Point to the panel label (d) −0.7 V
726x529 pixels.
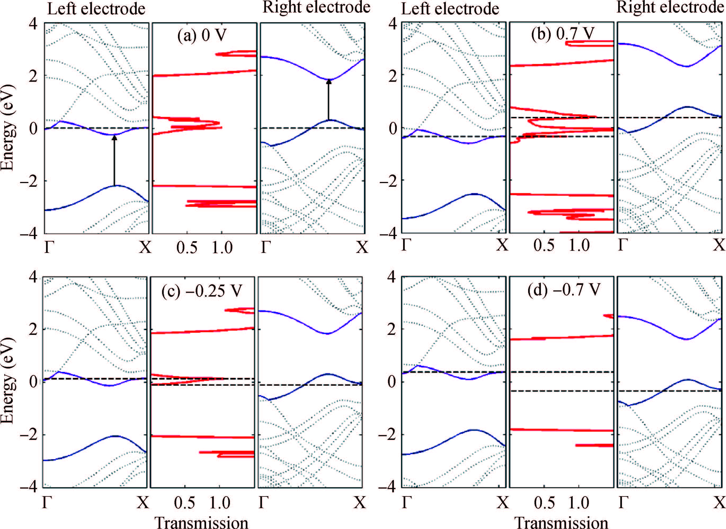[x=564, y=290]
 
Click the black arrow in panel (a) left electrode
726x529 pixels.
[x=114, y=160]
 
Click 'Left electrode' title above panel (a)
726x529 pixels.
[x=96, y=9]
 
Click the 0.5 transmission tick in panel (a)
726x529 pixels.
[x=187, y=248]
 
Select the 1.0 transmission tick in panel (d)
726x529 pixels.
[x=579, y=503]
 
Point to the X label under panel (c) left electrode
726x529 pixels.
[x=143, y=503]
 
